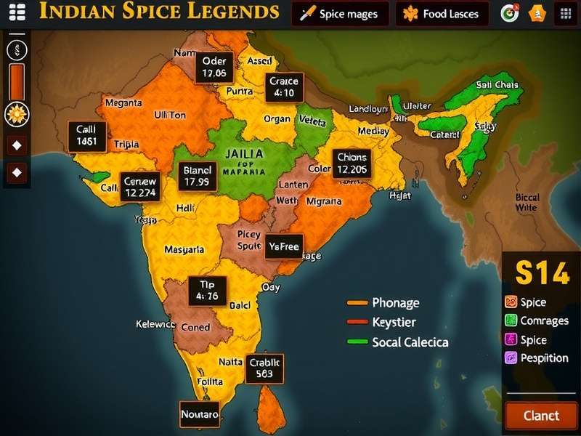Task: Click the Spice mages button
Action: coord(340,14)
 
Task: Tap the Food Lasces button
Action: coord(442,14)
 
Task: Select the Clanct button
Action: coord(541,416)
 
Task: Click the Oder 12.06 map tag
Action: coord(214,67)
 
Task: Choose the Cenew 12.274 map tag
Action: coord(139,187)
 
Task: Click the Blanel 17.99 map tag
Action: coord(197,176)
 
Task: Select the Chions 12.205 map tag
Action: coord(352,163)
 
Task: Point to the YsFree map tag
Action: coord(283,247)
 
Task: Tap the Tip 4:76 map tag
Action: coord(208,290)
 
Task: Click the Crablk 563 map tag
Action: coord(264,368)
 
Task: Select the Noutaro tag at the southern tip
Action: coord(199,414)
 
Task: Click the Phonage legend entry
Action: coord(394,303)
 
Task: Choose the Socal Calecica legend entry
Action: coord(409,342)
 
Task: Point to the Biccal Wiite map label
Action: coord(527,202)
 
